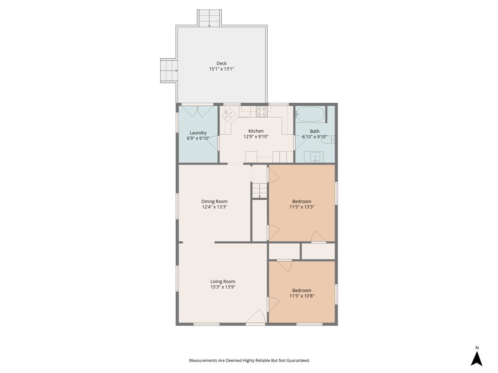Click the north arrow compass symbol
click(x=476, y=358)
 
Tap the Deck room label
click(x=221, y=63)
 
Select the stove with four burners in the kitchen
click(x=261, y=111)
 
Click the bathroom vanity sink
click(x=315, y=157)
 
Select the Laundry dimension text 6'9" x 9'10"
click(x=198, y=138)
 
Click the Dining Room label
click(x=214, y=201)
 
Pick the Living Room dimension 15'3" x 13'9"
click(x=222, y=287)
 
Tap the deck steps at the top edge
click(x=209, y=18)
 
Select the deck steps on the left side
click(x=168, y=70)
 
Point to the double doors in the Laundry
click(x=198, y=111)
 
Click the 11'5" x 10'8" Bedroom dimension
click(x=302, y=296)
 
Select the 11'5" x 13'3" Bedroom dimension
click(x=302, y=207)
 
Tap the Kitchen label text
click(x=256, y=131)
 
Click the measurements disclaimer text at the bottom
click(x=249, y=361)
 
